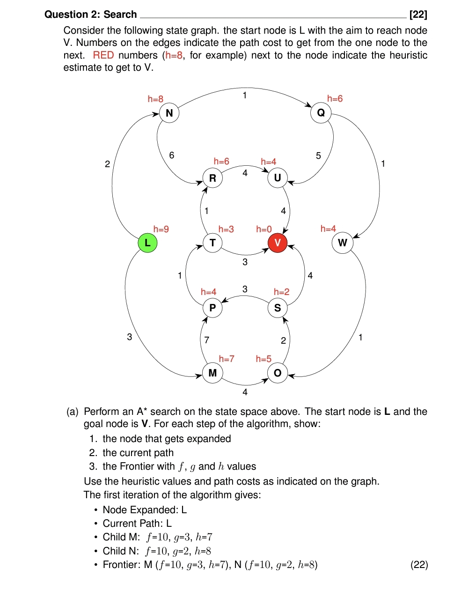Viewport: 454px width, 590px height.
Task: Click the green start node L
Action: (147, 243)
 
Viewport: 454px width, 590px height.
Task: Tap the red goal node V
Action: (278, 243)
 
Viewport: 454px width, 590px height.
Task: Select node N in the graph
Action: (169, 113)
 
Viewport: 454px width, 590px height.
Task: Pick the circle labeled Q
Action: (321, 113)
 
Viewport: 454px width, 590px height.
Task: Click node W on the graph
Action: (343, 243)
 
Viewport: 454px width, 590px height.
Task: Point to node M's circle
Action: (212, 373)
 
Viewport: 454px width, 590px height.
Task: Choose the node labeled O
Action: (278, 373)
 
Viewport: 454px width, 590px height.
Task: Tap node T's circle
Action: (212, 243)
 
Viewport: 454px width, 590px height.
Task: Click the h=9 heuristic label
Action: (161, 229)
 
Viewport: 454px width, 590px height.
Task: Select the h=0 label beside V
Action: (264, 229)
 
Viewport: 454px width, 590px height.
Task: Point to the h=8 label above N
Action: (155, 99)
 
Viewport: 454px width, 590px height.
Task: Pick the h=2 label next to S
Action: (282, 292)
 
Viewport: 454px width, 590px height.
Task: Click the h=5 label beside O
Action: (264, 359)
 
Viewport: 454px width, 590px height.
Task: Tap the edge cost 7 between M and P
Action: (207, 340)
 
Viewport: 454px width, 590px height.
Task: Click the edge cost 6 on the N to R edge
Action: (172, 155)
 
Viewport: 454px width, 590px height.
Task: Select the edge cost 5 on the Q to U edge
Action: (318, 155)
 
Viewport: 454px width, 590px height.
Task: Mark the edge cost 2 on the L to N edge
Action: (107, 164)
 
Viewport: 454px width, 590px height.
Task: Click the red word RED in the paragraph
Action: (103, 55)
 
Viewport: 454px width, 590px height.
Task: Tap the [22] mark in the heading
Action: (418, 15)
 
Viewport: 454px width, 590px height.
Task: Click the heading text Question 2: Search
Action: (91, 15)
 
